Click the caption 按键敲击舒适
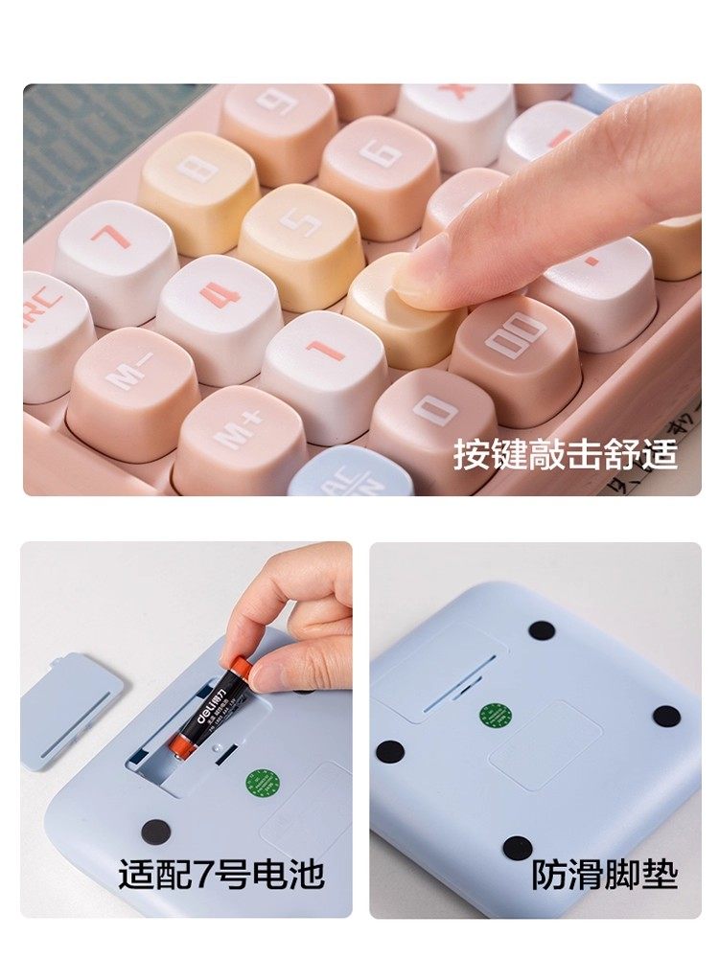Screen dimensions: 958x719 565,454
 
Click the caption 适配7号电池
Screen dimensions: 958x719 221,874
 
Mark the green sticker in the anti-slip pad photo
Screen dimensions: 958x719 493,715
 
